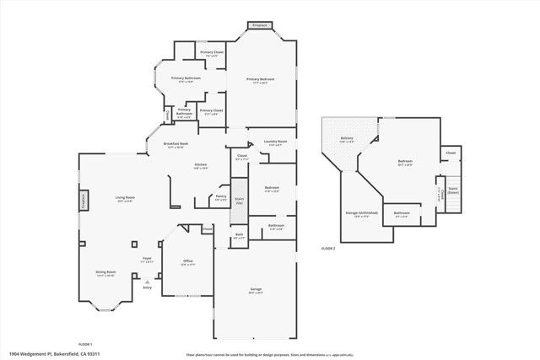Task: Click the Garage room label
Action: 256,291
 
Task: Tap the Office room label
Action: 188,262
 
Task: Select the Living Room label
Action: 126,199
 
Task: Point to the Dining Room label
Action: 105,273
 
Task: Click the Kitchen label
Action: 201,165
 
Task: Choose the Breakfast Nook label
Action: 175,145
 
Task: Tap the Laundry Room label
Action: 276,142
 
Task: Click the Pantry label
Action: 221,196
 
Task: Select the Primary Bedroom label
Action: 262,80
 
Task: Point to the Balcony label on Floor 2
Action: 347,139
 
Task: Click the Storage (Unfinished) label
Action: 360,214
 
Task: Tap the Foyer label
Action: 147,259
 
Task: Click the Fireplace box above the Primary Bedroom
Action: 260,26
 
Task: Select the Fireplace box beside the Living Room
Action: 84,201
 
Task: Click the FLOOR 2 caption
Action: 328,249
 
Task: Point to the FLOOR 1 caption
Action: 85,345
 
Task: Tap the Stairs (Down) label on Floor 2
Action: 453,191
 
